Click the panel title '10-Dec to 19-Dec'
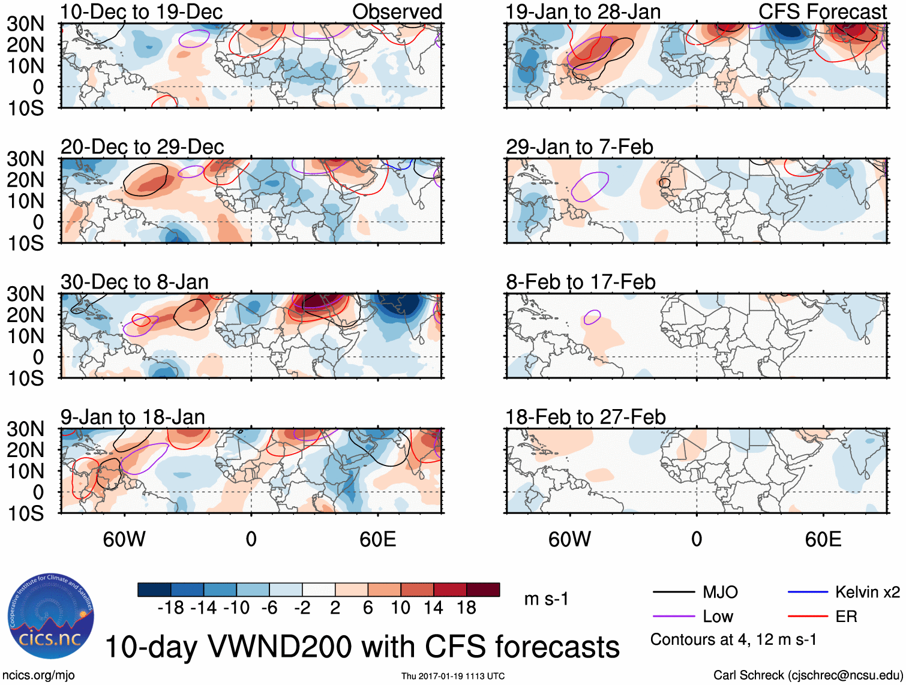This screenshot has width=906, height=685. [x=142, y=11]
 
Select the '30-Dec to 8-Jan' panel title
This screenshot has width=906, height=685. [x=134, y=282]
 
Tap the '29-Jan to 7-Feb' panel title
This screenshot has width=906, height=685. [x=579, y=147]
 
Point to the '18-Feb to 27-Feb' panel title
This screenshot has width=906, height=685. [x=585, y=417]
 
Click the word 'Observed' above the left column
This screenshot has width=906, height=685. [x=397, y=11]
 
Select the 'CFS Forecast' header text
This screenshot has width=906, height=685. [x=822, y=11]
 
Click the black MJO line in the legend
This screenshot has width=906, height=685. [x=673, y=593]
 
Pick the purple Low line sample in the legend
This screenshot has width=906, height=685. [x=673, y=617]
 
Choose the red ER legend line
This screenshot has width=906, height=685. [x=808, y=617]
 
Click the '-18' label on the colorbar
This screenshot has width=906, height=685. [x=171, y=608]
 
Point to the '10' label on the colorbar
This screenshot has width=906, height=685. [x=400, y=608]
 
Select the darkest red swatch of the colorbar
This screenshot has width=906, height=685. [x=483, y=590]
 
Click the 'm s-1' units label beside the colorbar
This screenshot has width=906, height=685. [x=546, y=599]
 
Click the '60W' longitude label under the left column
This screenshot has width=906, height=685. [x=124, y=539]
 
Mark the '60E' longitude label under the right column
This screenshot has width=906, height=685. [x=823, y=539]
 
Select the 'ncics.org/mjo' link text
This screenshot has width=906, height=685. [x=38, y=675]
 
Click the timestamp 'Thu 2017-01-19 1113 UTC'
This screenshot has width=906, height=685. [x=453, y=676]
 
